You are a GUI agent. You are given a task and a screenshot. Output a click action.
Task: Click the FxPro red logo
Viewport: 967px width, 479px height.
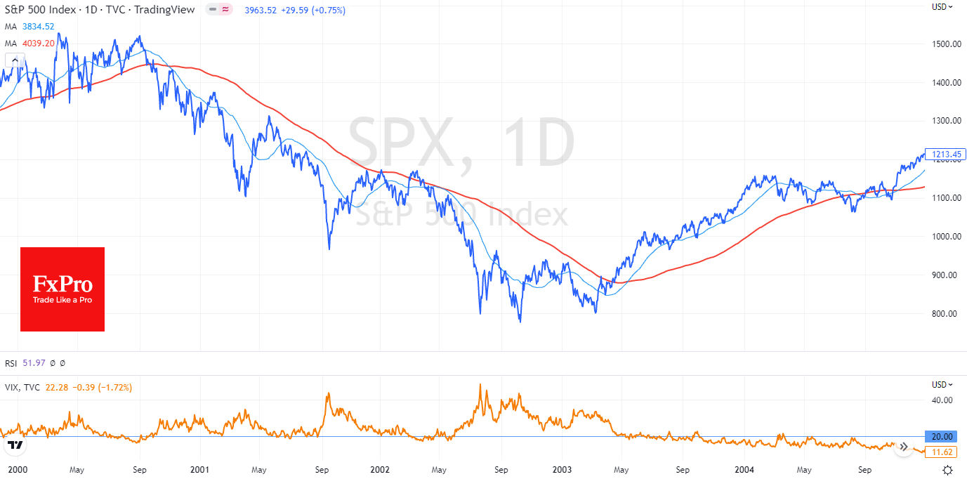[x=63, y=289]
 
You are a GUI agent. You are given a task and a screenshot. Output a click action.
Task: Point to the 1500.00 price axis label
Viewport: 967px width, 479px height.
[x=945, y=44]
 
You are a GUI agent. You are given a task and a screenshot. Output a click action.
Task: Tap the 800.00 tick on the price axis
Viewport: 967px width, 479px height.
[x=945, y=313]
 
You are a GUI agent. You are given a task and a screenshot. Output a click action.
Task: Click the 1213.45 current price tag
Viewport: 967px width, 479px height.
[x=945, y=155]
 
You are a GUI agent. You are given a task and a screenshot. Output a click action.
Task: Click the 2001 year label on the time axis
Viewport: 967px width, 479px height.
[x=200, y=469]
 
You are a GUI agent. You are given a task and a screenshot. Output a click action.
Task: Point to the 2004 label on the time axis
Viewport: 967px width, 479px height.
[x=744, y=469]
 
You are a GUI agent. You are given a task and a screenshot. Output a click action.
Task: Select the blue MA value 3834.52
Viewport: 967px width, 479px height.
[x=38, y=27]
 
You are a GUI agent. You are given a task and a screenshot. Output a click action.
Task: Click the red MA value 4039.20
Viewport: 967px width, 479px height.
[x=38, y=44]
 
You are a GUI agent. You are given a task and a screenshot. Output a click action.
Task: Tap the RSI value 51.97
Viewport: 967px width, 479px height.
[x=34, y=363]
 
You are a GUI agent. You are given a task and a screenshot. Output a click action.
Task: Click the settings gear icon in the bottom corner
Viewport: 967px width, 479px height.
[x=948, y=470]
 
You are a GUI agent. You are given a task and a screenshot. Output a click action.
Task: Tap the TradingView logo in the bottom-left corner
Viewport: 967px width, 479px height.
[x=15, y=445]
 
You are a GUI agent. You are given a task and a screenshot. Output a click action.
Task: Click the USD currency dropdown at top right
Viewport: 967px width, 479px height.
[x=942, y=7]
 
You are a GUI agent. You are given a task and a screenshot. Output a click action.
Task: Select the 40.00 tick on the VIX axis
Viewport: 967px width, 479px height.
[x=942, y=400]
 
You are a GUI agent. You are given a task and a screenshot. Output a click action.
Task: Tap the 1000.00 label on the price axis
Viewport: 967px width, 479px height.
[x=945, y=236]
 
